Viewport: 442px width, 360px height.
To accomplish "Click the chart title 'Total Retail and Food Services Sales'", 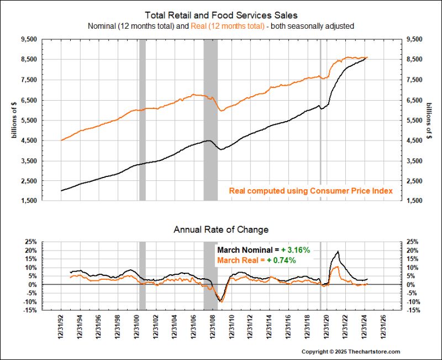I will (220, 15).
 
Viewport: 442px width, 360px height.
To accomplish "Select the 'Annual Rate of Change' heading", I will (220, 229).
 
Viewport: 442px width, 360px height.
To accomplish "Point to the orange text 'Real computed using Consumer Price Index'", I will (311, 191).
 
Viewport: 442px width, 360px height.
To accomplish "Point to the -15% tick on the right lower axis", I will (413, 310).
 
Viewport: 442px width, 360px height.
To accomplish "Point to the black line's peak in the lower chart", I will (338, 252).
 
